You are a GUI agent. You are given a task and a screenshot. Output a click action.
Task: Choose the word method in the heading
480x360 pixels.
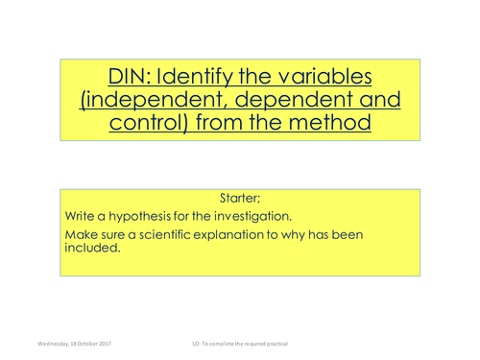[x=330, y=125]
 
